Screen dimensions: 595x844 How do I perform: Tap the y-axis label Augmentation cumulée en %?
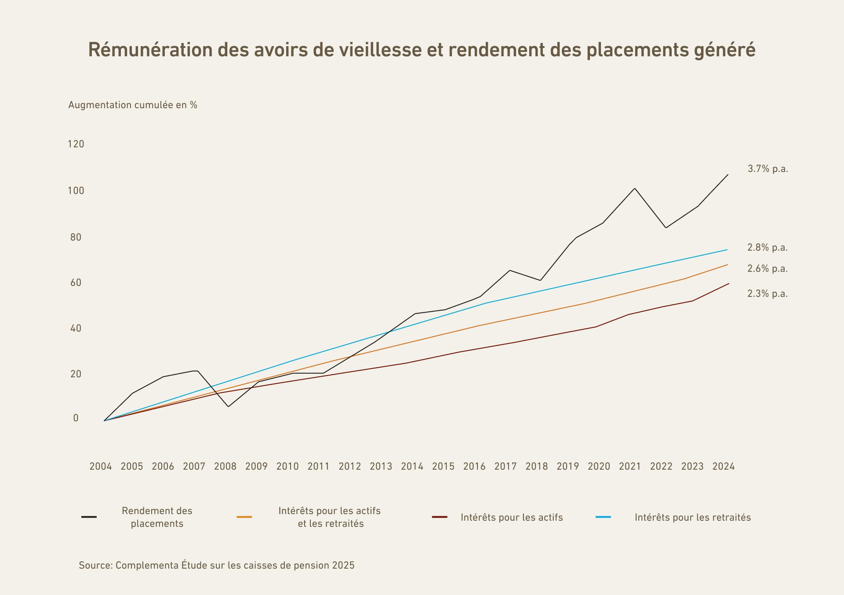(x=133, y=105)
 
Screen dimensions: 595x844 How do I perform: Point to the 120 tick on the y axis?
(x=76, y=144)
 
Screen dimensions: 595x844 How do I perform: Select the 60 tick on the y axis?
(x=76, y=282)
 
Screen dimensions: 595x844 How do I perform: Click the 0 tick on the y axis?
(x=76, y=418)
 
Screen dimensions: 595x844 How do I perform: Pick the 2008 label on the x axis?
(x=225, y=466)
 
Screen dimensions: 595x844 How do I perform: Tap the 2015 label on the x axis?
(x=443, y=466)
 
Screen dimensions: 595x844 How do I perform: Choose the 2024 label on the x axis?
(x=724, y=466)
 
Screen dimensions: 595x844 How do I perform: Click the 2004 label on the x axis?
(x=101, y=466)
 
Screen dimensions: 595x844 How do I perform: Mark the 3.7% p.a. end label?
(x=768, y=169)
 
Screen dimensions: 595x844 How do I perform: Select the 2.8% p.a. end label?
(x=768, y=248)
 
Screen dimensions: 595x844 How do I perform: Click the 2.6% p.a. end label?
(x=768, y=269)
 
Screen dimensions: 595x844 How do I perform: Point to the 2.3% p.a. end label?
(x=768, y=294)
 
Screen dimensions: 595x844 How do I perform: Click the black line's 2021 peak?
(x=635, y=189)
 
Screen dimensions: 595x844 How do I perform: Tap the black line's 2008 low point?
(x=228, y=406)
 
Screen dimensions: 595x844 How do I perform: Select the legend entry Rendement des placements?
(x=157, y=517)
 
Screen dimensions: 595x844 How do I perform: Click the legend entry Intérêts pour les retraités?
(x=692, y=518)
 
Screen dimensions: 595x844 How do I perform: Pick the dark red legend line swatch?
(x=440, y=517)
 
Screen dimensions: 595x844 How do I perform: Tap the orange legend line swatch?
(x=244, y=517)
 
